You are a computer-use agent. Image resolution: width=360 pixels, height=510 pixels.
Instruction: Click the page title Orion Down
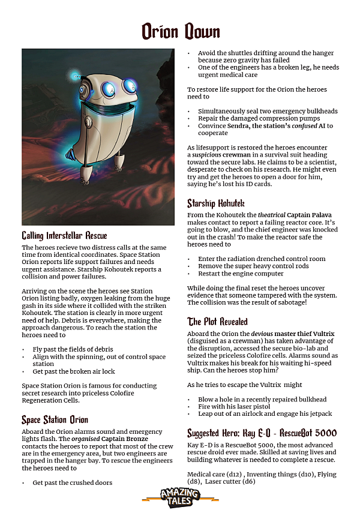tap(181, 31)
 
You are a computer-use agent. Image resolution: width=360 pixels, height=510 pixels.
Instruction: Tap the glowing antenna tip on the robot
tap(74, 76)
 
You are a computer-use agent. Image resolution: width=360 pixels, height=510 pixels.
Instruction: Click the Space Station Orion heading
tap(55, 419)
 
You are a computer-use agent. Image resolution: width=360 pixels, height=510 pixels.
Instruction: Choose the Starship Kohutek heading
tap(217, 203)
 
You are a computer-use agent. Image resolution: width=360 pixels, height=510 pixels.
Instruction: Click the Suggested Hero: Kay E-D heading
tap(262, 433)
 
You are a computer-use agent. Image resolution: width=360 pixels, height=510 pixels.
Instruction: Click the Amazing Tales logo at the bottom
tap(180, 496)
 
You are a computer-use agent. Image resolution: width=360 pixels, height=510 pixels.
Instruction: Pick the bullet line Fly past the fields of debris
tap(73, 349)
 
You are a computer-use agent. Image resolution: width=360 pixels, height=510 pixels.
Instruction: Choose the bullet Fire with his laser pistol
tap(236, 407)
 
